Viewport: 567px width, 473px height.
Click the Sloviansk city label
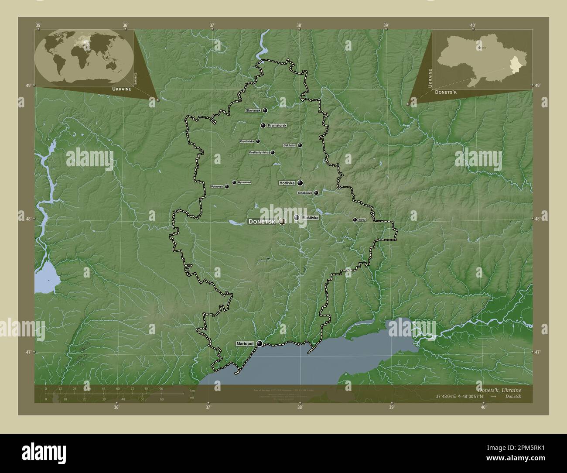pos(253,111)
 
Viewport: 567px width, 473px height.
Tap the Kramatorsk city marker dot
pos(263,126)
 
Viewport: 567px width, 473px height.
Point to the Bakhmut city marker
pos(300,145)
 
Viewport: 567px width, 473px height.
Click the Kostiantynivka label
pos(259,153)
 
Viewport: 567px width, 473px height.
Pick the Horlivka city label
pos(287,183)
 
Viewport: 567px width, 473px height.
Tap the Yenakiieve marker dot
pos(316,193)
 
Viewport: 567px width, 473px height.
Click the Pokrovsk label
pos(217,187)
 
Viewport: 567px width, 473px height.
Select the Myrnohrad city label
pos(244,182)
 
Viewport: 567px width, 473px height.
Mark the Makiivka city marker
pos(297,217)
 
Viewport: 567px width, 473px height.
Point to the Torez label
pos(362,220)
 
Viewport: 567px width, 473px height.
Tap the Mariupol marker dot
pos(260,344)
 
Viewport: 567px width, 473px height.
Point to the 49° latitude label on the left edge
pos(27,86)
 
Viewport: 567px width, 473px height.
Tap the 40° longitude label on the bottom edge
pos(483,408)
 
